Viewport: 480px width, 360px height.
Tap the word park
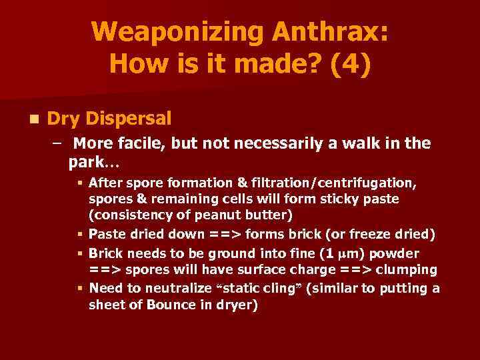86,162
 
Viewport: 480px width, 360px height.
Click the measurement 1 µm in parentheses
359,254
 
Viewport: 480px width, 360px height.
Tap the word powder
396,254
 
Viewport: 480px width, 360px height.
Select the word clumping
407,269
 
